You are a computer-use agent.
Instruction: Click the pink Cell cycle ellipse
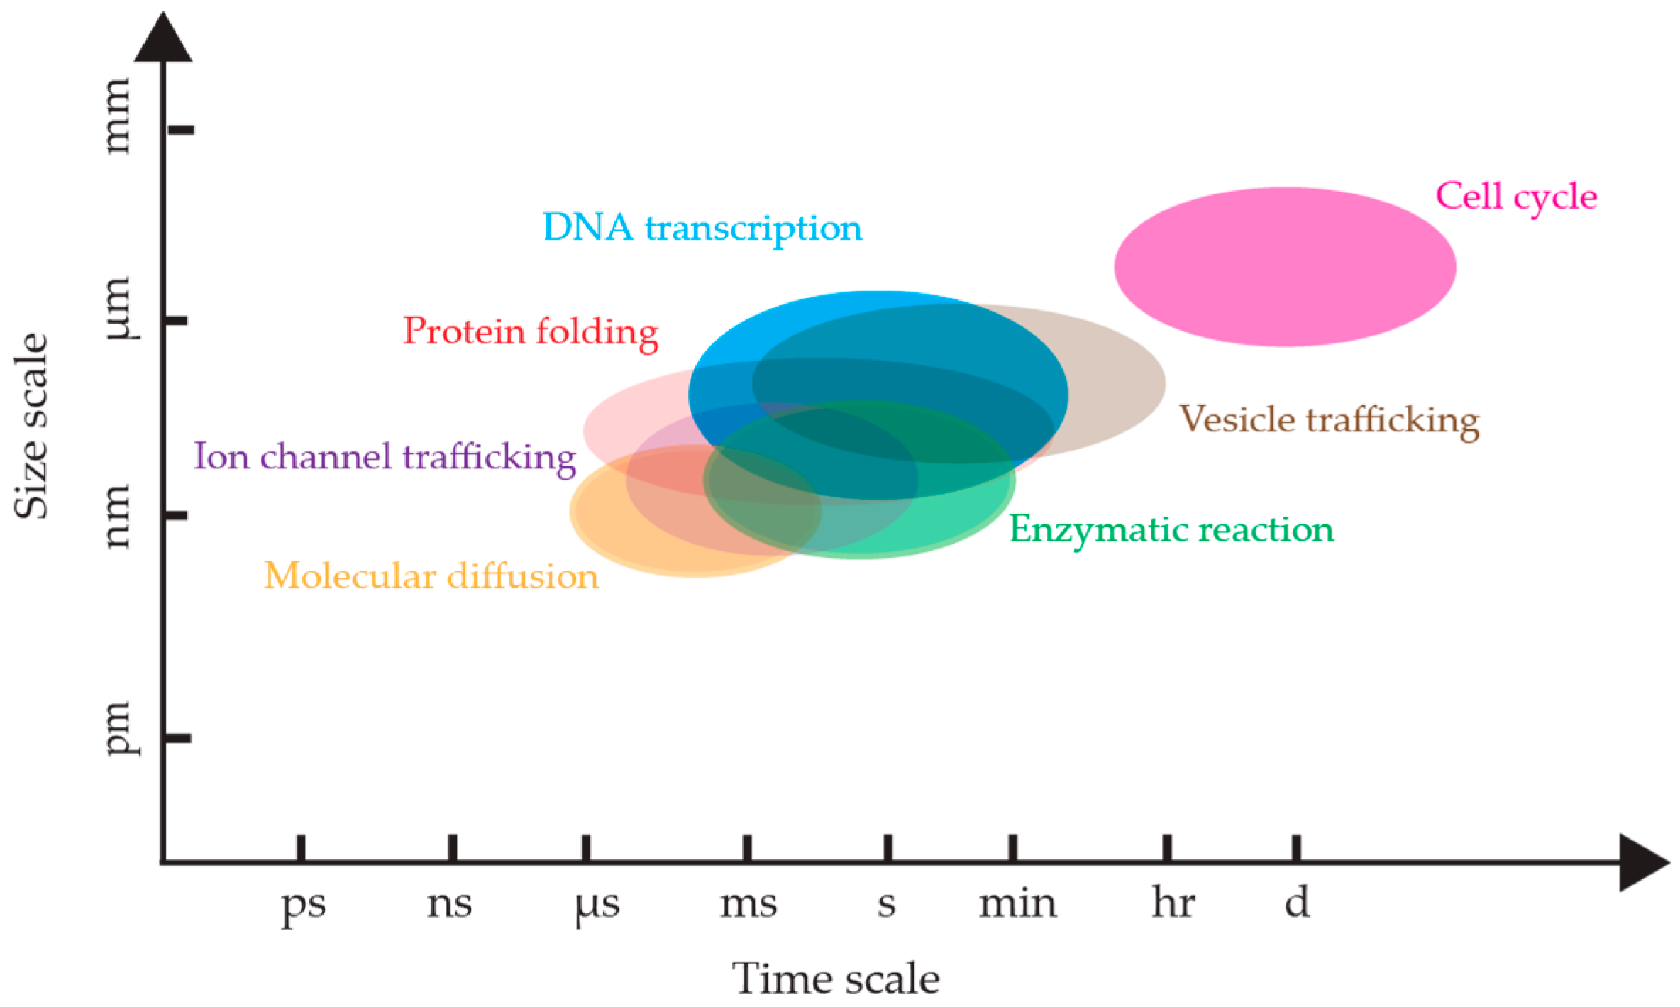[1284, 267]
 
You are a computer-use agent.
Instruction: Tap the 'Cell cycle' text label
[1516, 197]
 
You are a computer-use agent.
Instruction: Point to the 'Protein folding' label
[531, 332]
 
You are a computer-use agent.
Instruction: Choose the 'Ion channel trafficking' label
[385, 456]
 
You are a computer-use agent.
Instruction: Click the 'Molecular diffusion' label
[431, 576]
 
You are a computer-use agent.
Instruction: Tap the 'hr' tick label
[1173, 903]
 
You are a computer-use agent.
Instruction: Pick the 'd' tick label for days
[1296, 903]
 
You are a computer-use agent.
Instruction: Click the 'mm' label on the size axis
[116, 116]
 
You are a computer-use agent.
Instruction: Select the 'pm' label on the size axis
[118, 728]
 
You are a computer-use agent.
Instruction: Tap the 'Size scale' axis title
[33, 426]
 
